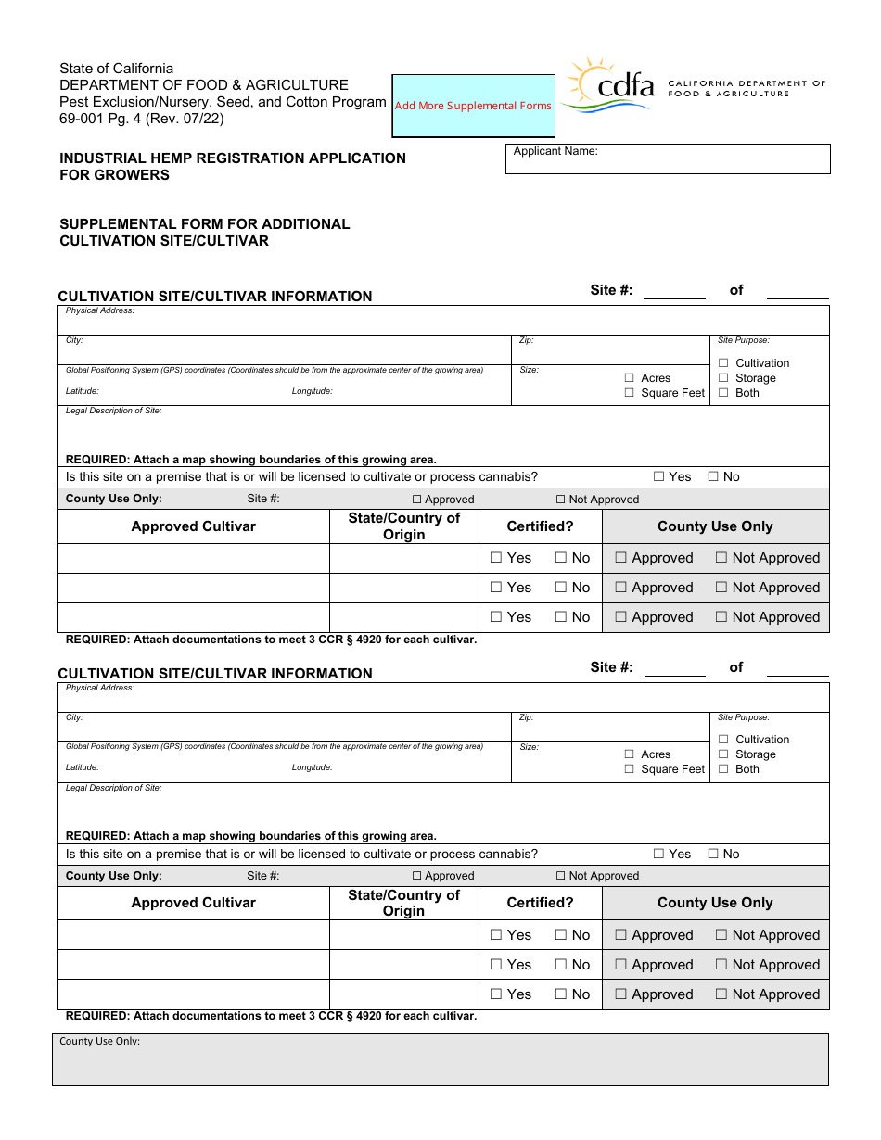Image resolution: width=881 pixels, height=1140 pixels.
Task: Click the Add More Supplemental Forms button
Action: pos(473,106)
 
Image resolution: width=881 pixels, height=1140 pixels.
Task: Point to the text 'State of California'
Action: pos(116,69)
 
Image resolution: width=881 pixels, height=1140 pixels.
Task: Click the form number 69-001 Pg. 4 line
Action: pos(141,118)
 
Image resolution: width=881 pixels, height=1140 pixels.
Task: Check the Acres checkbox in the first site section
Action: pos(630,378)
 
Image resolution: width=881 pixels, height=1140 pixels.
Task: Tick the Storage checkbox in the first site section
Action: pos(723,378)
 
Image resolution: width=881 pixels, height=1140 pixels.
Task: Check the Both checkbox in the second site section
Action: pos(723,769)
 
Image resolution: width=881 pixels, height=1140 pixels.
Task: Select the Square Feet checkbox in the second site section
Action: pos(630,769)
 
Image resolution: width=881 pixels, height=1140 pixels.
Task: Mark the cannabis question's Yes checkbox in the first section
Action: pos(659,476)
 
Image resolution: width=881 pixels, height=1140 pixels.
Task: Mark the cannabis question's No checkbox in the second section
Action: pos(713,854)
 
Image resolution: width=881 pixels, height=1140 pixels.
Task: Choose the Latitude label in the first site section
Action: pos(82,391)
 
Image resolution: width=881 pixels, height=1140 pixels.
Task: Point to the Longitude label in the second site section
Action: pos(312,767)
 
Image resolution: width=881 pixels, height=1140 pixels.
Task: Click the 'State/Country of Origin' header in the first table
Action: pos(403,526)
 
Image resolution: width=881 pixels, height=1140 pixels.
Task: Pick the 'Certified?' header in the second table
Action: pos(540,903)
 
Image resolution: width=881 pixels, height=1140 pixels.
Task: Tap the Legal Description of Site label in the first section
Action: pos(113,411)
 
